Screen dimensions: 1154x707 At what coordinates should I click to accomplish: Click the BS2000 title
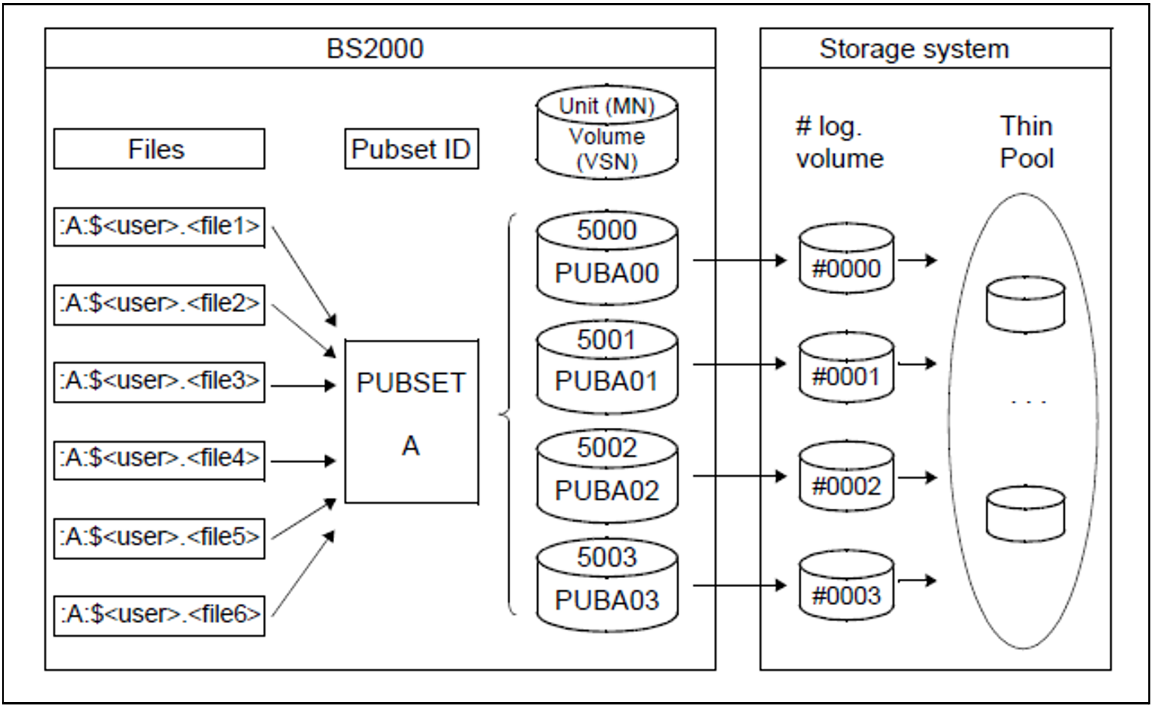(x=375, y=49)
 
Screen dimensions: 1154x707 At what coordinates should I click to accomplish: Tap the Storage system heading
(x=914, y=49)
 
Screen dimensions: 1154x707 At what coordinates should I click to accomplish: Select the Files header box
(x=159, y=149)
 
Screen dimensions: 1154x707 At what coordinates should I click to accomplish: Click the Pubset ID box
(x=411, y=149)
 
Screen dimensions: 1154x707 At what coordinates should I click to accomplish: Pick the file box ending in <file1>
(x=159, y=226)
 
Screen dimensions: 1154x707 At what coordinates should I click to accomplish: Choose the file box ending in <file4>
(x=159, y=460)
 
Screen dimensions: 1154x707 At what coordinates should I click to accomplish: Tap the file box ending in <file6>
(x=159, y=615)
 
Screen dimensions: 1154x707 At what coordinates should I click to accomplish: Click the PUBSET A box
(x=411, y=422)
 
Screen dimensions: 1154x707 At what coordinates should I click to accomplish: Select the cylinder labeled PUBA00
(x=607, y=258)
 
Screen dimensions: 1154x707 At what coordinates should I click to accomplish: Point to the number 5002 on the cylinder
(x=607, y=448)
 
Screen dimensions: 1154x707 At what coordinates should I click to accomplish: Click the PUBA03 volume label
(x=607, y=600)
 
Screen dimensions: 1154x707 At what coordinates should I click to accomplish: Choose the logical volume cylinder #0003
(x=846, y=585)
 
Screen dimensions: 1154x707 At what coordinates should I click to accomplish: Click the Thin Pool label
(x=1026, y=142)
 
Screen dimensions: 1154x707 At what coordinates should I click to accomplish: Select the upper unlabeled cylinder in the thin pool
(x=1025, y=304)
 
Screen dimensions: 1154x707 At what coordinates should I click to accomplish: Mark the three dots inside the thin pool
(x=1028, y=401)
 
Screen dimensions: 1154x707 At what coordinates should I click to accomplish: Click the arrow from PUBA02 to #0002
(x=740, y=476)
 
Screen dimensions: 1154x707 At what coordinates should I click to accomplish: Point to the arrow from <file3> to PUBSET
(x=303, y=385)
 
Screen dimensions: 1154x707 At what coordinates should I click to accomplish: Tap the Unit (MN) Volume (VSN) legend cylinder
(x=607, y=132)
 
